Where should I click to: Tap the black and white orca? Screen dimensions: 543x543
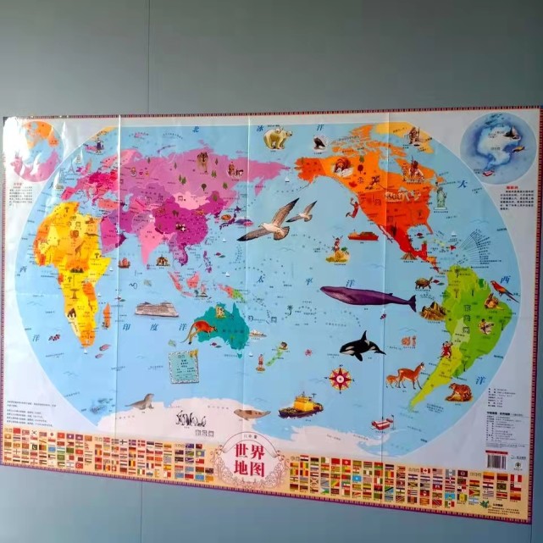click(360, 346)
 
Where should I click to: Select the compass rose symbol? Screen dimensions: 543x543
click(341, 378)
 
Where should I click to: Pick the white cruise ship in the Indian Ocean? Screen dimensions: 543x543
click(157, 309)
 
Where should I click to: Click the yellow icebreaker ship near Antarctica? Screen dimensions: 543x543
click(301, 406)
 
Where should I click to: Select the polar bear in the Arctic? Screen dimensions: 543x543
click(277, 137)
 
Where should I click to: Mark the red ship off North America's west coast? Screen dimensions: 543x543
click(363, 235)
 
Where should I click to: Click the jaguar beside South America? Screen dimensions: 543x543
click(460, 391)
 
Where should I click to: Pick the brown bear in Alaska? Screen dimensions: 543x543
click(342, 166)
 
